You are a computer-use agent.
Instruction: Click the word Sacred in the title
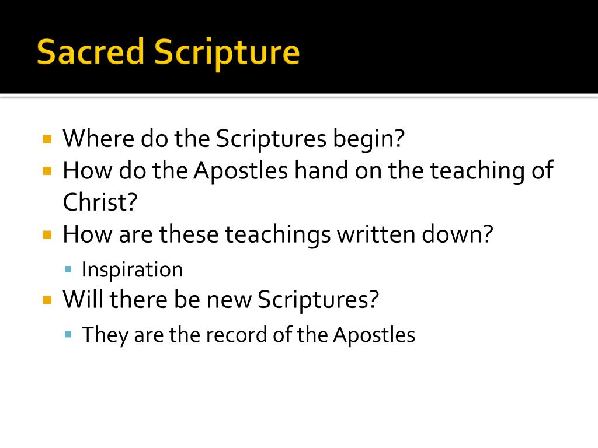(90, 52)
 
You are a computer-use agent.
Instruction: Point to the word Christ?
(100, 202)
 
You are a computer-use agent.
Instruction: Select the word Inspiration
(132, 269)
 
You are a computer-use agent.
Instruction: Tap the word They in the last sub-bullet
(105, 335)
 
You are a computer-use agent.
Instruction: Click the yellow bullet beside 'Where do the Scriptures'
(48, 139)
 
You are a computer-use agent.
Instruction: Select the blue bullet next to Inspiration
(68, 269)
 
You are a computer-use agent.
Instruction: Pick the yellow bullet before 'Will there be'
(48, 300)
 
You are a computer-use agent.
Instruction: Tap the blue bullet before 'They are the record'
(68, 335)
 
